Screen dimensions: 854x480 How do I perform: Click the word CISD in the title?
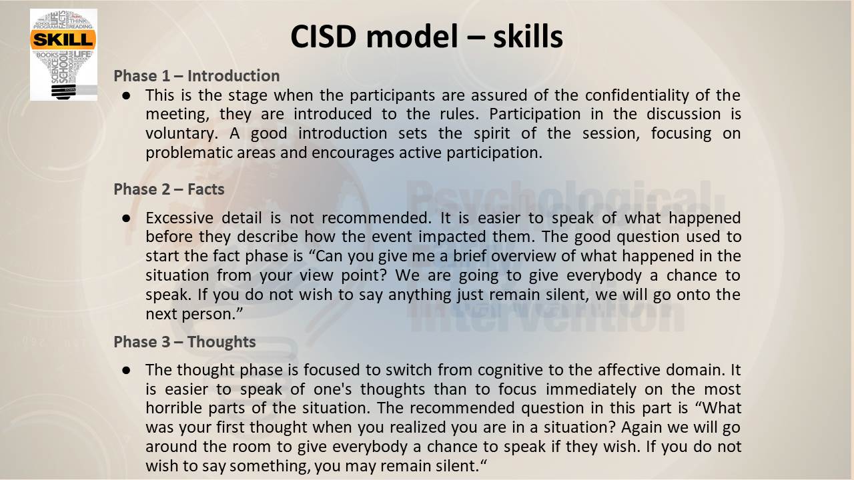coord(324,37)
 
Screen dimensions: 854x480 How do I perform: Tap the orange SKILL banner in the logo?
coord(63,39)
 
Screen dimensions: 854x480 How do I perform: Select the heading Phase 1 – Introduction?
coord(197,76)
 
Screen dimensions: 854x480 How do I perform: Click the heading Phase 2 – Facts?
coord(169,189)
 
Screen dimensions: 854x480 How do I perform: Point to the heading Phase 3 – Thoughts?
coord(185,342)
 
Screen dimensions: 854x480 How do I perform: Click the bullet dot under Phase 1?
coord(126,95)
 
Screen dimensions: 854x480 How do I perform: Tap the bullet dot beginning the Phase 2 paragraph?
coord(126,218)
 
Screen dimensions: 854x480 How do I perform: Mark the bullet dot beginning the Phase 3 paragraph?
coord(126,370)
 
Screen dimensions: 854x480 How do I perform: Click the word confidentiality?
coord(636,95)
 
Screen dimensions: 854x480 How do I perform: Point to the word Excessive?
coord(179,218)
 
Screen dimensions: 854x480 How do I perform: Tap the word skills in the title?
coord(528,37)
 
